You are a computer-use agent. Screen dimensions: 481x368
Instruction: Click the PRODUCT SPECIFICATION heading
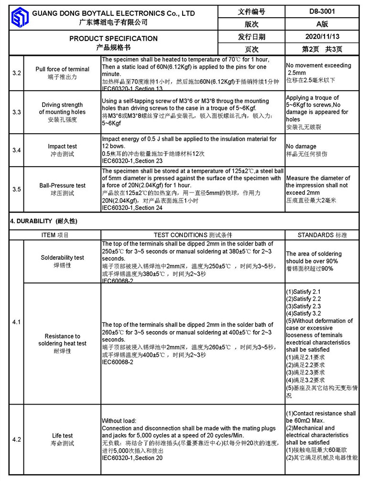click(x=113, y=38)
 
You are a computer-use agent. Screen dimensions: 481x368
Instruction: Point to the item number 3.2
click(x=16, y=73)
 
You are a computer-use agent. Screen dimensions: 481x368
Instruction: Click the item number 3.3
click(x=16, y=112)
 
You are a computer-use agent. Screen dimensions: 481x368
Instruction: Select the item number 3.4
click(x=16, y=150)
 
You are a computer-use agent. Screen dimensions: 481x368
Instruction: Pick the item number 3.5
click(x=16, y=189)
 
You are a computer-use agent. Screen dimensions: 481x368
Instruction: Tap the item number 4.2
click(x=16, y=439)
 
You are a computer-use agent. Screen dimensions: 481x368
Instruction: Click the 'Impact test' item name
click(x=62, y=147)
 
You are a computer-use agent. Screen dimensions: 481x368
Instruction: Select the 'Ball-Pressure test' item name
click(x=62, y=185)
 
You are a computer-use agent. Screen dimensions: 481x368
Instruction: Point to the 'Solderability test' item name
click(x=62, y=257)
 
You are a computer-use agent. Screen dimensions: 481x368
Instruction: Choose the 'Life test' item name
click(x=62, y=436)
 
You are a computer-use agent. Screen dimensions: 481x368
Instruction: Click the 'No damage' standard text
click(x=301, y=147)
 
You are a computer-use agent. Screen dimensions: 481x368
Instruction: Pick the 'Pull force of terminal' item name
click(x=62, y=69)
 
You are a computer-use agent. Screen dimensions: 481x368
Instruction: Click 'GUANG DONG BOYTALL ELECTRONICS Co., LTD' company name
click(x=113, y=13)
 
